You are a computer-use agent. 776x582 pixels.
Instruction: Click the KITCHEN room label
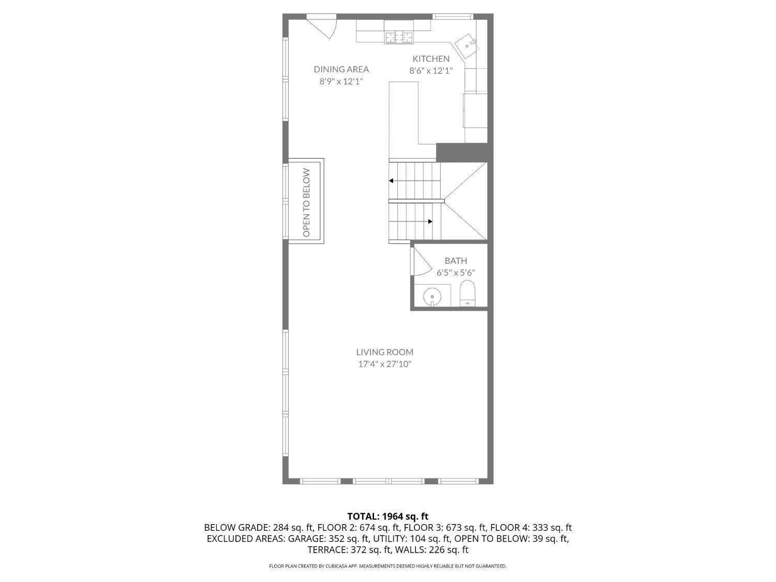point(430,58)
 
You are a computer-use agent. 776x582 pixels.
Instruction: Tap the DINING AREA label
point(341,69)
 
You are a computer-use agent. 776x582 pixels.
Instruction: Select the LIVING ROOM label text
point(384,352)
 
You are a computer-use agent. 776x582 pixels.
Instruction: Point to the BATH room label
point(455,261)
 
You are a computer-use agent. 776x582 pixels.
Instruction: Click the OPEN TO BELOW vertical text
point(306,202)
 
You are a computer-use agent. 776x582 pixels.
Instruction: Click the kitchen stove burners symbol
point(398,37)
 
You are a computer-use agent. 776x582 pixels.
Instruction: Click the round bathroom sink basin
point(432,296)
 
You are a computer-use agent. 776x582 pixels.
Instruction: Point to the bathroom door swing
point(421,264)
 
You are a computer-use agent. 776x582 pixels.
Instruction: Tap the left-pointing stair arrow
point(392,181)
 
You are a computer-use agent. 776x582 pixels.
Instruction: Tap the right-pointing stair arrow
point(430,221)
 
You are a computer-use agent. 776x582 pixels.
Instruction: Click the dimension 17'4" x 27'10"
point(384,364)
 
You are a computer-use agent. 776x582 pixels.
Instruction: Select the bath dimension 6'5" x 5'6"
point(455,273)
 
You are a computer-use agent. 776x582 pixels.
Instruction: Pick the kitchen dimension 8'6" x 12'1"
point(430,71)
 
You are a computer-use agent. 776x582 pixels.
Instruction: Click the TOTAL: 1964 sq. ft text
point(387,516)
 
